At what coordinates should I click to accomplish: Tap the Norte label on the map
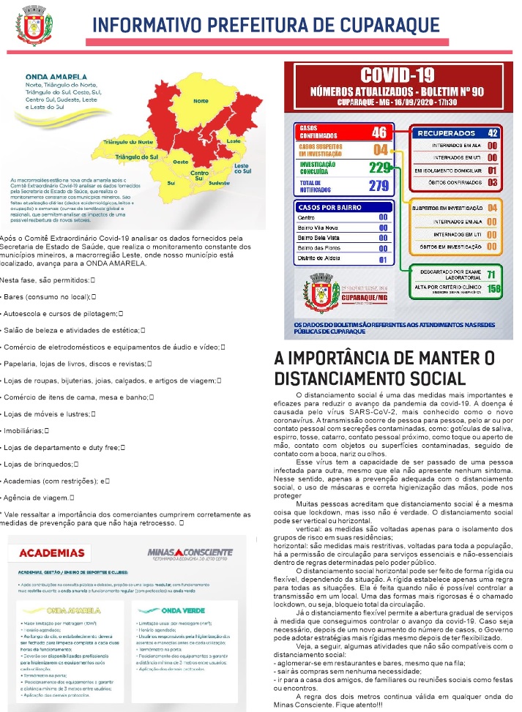coord(201,100)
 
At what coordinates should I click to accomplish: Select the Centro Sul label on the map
coord(200,175)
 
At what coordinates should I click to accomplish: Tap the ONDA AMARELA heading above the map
coord(49,75)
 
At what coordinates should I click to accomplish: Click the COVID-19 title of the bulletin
coord(397,75)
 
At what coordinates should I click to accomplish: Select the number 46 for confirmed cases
coord(379,132)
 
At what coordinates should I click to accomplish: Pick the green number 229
coord(379,168)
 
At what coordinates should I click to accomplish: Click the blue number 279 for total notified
coord(379,185)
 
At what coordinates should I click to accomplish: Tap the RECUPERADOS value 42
coord(492,132)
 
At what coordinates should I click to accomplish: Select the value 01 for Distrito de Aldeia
coord(383,259)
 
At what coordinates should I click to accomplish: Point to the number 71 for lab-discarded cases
coord(492,274)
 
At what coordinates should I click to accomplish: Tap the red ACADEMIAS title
coord(52,552)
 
